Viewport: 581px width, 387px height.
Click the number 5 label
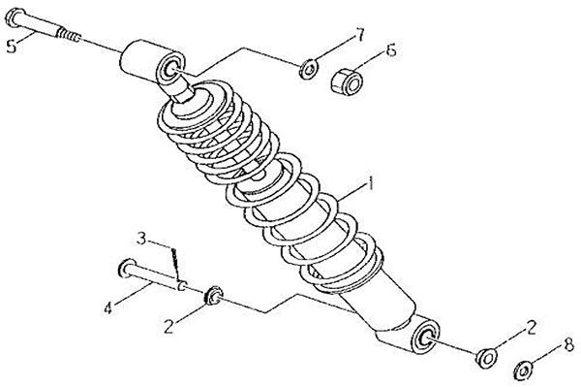(x=12, y=47)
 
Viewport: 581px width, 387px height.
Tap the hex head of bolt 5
(x=15, y=17)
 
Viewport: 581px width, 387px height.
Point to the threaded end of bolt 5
(x=68, y=36)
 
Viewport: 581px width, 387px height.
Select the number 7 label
(x=358, y=35)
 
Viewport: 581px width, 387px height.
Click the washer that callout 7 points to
(x=308, y=69)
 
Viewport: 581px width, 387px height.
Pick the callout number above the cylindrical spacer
(x=391, y=50)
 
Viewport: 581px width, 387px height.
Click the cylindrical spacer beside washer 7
(x=347, y=81)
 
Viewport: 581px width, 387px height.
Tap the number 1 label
(x=370, y=183)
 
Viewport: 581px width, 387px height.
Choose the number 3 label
(x=141, y=239)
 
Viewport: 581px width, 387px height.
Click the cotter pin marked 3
(x=175, y=265)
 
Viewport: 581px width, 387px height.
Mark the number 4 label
(x=107, y=307)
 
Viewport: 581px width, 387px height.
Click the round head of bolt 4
(x=126, y=269)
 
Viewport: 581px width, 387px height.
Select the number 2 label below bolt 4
(x=168, y=327)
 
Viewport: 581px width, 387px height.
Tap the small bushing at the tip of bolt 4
(x=213, y=296)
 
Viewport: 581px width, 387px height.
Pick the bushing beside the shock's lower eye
(x=487, y=359)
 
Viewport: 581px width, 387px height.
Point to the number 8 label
(x=568, y=345)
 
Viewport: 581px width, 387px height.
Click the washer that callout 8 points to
(x=524, y=371)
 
